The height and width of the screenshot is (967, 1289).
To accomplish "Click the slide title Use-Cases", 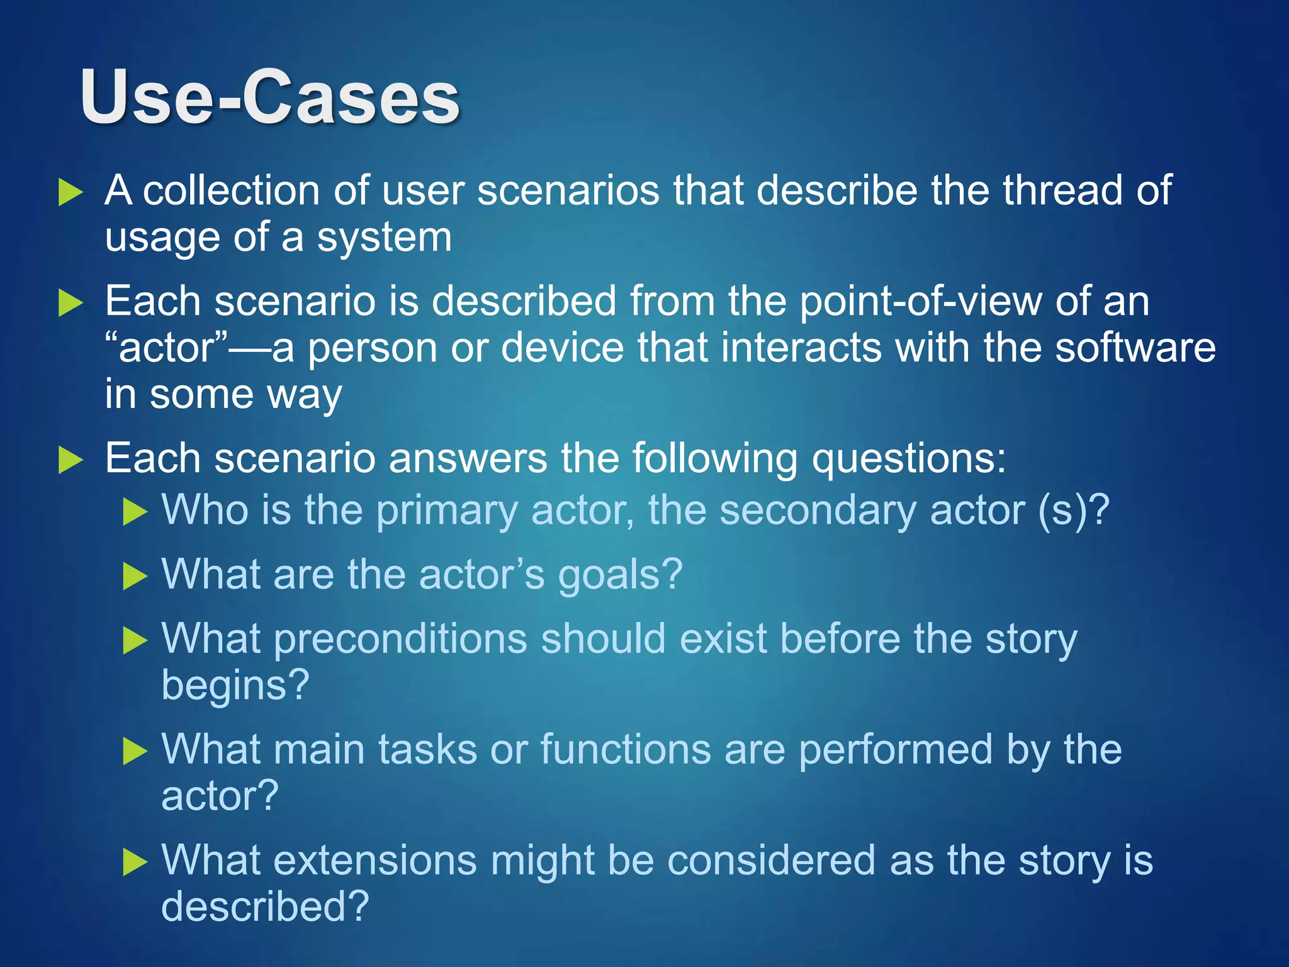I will point(270,98).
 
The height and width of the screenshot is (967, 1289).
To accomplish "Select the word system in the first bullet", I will point(383,238).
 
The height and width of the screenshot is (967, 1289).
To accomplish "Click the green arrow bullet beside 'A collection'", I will point(70,192).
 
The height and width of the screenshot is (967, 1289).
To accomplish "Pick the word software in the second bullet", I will point(1135,348).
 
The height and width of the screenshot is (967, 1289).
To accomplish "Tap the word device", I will point(561,348).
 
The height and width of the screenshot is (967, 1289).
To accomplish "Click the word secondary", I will point(817,511).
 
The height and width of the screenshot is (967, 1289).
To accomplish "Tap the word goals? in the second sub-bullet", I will point(620,575).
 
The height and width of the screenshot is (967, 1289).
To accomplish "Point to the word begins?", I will point(235,686).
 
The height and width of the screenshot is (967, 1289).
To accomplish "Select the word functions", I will point(625,750).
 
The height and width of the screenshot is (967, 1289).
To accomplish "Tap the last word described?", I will point(265,907).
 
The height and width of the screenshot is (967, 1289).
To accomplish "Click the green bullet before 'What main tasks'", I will point(135,752).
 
